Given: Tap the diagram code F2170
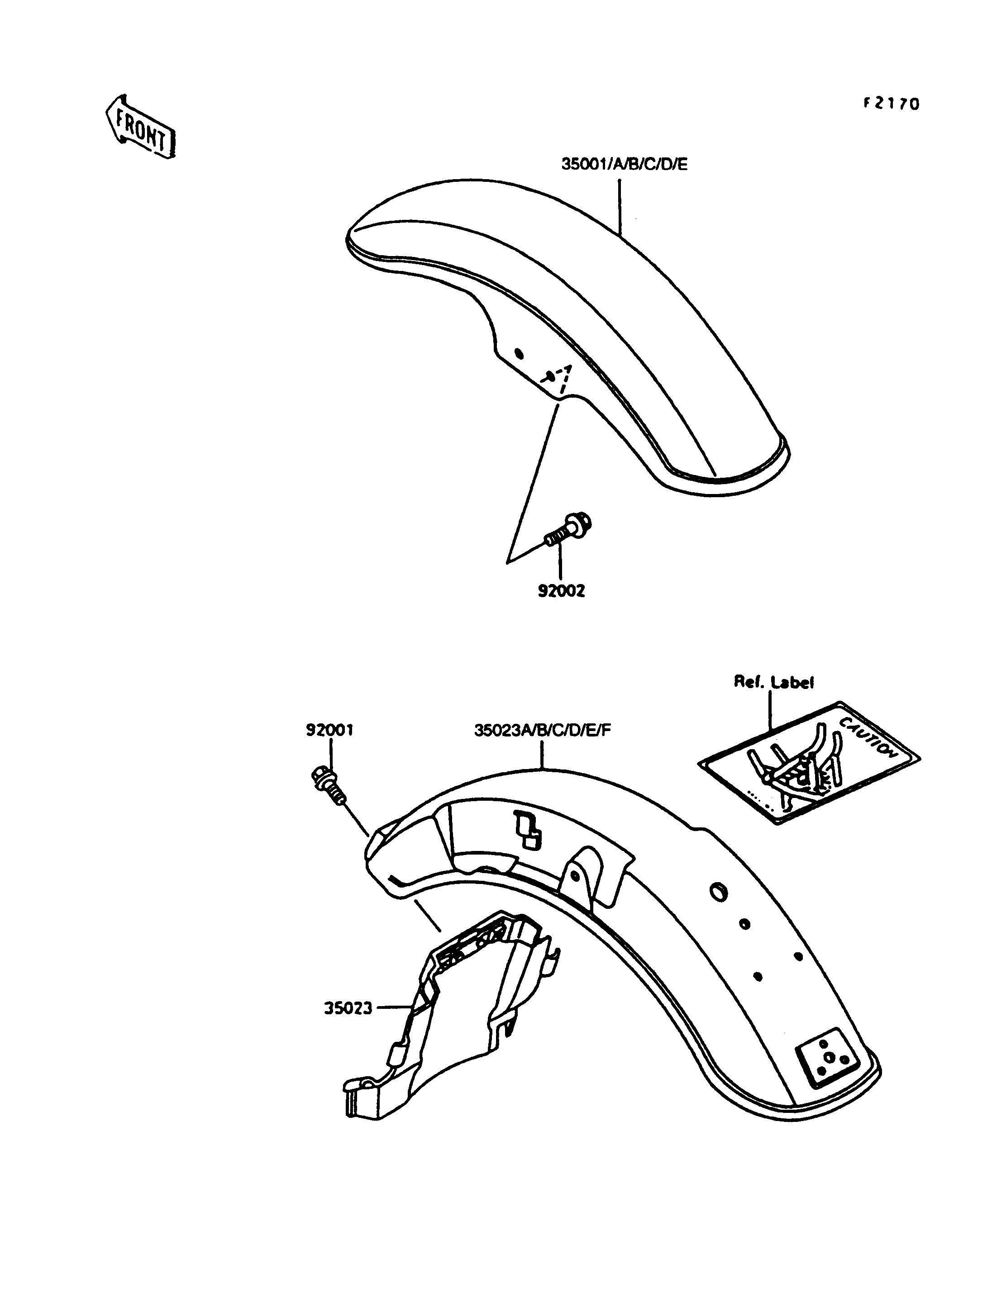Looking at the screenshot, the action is coord(892,104).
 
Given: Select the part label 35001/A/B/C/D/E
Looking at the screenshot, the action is coord(624,164).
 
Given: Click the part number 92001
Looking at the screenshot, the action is coord(329,730).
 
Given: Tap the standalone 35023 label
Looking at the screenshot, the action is coord(348,1008).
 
